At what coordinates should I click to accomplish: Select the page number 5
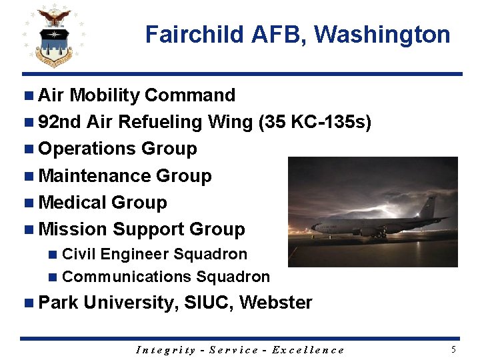pos(453,349)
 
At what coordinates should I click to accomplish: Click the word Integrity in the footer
pos(165,350)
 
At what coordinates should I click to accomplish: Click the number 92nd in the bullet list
pos(60,122)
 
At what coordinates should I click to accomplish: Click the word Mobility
pos(105,95)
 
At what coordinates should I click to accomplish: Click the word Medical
pos(73,203)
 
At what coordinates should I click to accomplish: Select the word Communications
pos(117,277)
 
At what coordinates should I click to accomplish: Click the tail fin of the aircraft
pos(431,207)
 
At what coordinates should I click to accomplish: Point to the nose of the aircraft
pos(313,229)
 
